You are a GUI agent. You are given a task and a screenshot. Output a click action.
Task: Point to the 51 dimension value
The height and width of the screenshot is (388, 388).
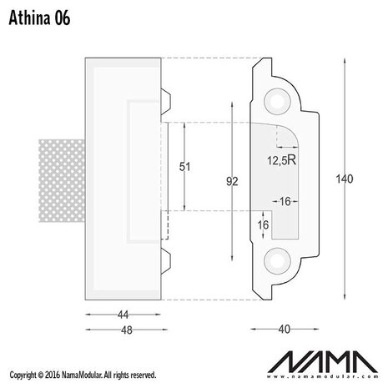(x=184, y=167)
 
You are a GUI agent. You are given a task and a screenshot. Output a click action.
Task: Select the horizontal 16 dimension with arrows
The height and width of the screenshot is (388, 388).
(x=285, y=202)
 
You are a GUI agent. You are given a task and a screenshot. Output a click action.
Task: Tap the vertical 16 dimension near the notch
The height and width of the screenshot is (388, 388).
(x=264, y=225)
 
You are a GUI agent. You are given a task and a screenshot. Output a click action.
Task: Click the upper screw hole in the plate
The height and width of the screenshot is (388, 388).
(x=275, y=100)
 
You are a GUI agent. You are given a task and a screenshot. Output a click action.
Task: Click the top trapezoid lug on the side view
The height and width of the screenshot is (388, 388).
(x=164, y=99)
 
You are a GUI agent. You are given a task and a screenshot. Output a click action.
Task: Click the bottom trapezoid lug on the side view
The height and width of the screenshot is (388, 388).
(x=164, y=260)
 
